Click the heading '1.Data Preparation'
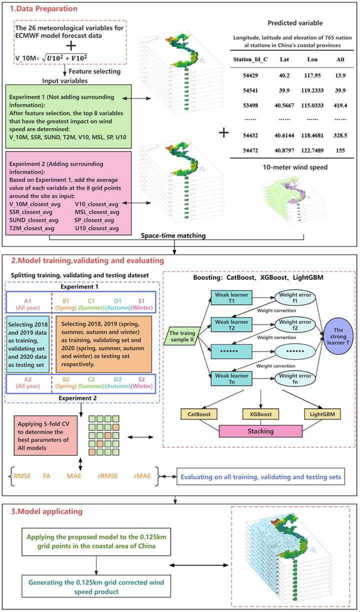click(42, 9)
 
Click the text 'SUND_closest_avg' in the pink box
click(31, 220)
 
